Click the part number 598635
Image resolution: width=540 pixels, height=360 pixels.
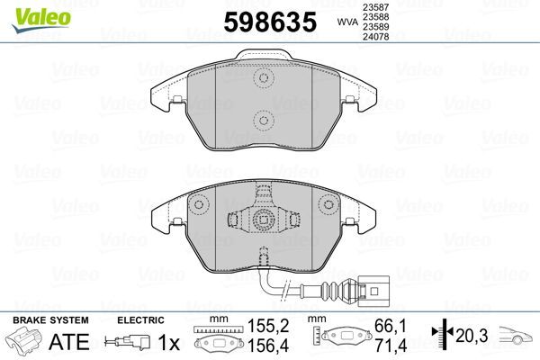(x=266, y=21)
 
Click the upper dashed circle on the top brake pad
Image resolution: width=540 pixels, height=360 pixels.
(x=264, y=79)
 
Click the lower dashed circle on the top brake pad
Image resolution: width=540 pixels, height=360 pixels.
(x=264, y=118)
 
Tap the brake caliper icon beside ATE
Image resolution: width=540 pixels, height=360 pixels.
(x=24, y=343)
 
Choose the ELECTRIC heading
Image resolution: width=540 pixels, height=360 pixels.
(x=139, y=320)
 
